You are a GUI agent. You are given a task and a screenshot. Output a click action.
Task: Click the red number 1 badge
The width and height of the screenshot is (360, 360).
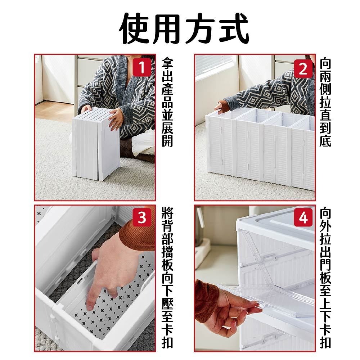(142, 68)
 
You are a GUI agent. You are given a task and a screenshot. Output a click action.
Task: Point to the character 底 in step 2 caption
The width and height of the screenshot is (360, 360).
(325, 140)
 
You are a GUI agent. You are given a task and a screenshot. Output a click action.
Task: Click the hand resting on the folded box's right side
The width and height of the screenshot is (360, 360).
(116, 119)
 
